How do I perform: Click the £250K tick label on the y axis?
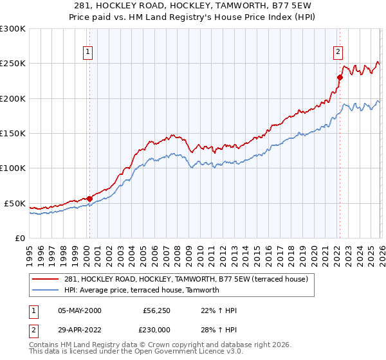[x=12, y=64]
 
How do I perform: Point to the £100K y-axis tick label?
[x=12, y=168]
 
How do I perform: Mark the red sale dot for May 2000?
[x=89, y=199]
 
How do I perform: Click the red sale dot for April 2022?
[x=340, y=77]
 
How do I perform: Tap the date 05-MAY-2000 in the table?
[x=79, y=310]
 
